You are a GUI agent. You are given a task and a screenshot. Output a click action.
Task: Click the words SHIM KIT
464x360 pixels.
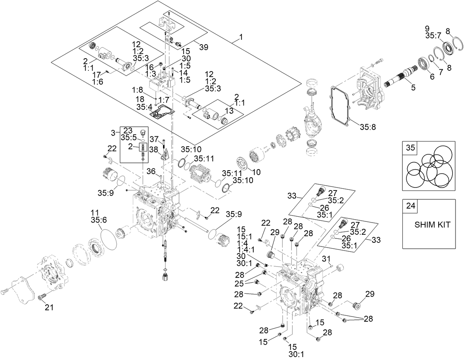point(433,225)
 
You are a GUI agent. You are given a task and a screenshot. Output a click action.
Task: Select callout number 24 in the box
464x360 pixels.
point(410,206)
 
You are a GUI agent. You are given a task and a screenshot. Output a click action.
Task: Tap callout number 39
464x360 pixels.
point(204,47)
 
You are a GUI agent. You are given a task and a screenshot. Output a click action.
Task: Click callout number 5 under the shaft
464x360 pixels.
point(413,88)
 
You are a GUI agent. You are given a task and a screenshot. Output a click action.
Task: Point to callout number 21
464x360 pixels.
point(49,307)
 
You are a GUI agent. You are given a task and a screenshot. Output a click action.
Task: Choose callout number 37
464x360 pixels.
point(155,139)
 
